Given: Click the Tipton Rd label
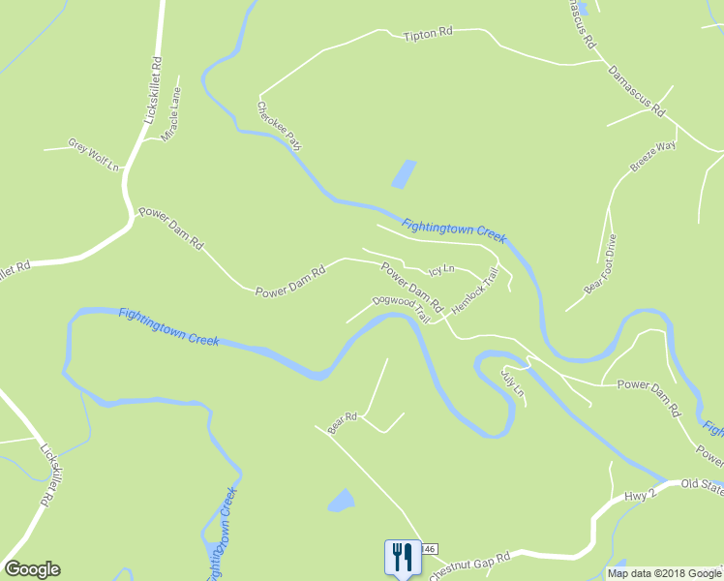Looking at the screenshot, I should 428,33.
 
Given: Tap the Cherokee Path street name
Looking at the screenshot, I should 279,126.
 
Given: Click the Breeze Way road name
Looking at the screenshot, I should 652,156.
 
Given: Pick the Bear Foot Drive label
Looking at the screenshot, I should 599,263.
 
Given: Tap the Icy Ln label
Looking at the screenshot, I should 441,271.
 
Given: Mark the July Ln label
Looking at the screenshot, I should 512,382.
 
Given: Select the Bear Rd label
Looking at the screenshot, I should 343,423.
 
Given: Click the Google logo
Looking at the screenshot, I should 32,569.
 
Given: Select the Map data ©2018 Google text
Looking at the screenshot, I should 663,573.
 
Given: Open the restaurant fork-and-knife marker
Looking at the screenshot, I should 402,557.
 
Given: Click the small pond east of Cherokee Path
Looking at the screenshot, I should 403,174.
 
